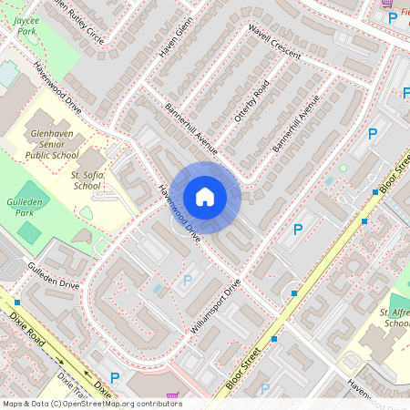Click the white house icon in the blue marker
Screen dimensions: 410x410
click(205, 196)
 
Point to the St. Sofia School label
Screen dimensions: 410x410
click(86, 179)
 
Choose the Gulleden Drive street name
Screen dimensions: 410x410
click(54, 277)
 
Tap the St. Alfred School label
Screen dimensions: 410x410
click(395, 318)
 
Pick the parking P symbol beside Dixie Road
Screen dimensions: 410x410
click(115, 376)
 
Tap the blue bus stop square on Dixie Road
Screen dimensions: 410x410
click(17, 301)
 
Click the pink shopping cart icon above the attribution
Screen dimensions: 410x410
click(172, 396)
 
